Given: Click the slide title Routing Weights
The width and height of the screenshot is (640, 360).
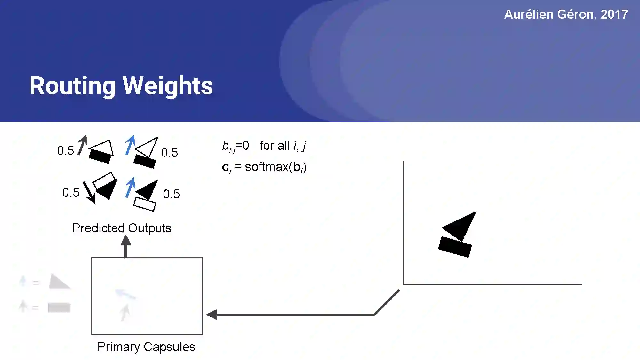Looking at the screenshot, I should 121,86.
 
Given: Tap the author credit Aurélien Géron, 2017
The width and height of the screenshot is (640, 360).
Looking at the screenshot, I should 566,14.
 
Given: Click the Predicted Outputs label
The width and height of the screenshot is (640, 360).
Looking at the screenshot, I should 122,228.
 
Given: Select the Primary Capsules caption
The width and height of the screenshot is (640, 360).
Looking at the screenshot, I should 146,347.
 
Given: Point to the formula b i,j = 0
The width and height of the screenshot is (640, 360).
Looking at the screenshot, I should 236,146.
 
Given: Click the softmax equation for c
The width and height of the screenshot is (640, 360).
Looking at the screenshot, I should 264,167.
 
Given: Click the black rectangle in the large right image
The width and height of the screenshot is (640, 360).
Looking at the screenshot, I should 455,247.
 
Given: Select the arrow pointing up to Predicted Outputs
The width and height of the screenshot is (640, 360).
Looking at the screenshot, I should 126,246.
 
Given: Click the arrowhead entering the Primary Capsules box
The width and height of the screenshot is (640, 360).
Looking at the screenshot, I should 212,315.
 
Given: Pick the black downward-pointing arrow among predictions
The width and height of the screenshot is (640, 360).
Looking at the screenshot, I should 89,192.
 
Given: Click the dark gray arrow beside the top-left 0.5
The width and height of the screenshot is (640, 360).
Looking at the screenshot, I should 82,145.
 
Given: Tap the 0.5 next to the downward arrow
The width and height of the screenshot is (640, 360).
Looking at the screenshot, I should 71,193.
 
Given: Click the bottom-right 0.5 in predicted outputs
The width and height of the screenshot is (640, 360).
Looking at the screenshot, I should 171,194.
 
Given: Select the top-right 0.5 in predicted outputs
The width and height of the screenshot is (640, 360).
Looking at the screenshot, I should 169,153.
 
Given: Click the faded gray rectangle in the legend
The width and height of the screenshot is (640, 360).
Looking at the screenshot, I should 59,308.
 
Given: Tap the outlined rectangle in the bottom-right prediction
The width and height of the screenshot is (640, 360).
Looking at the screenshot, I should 145,204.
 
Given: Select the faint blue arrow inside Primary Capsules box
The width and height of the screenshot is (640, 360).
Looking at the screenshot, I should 125,294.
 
